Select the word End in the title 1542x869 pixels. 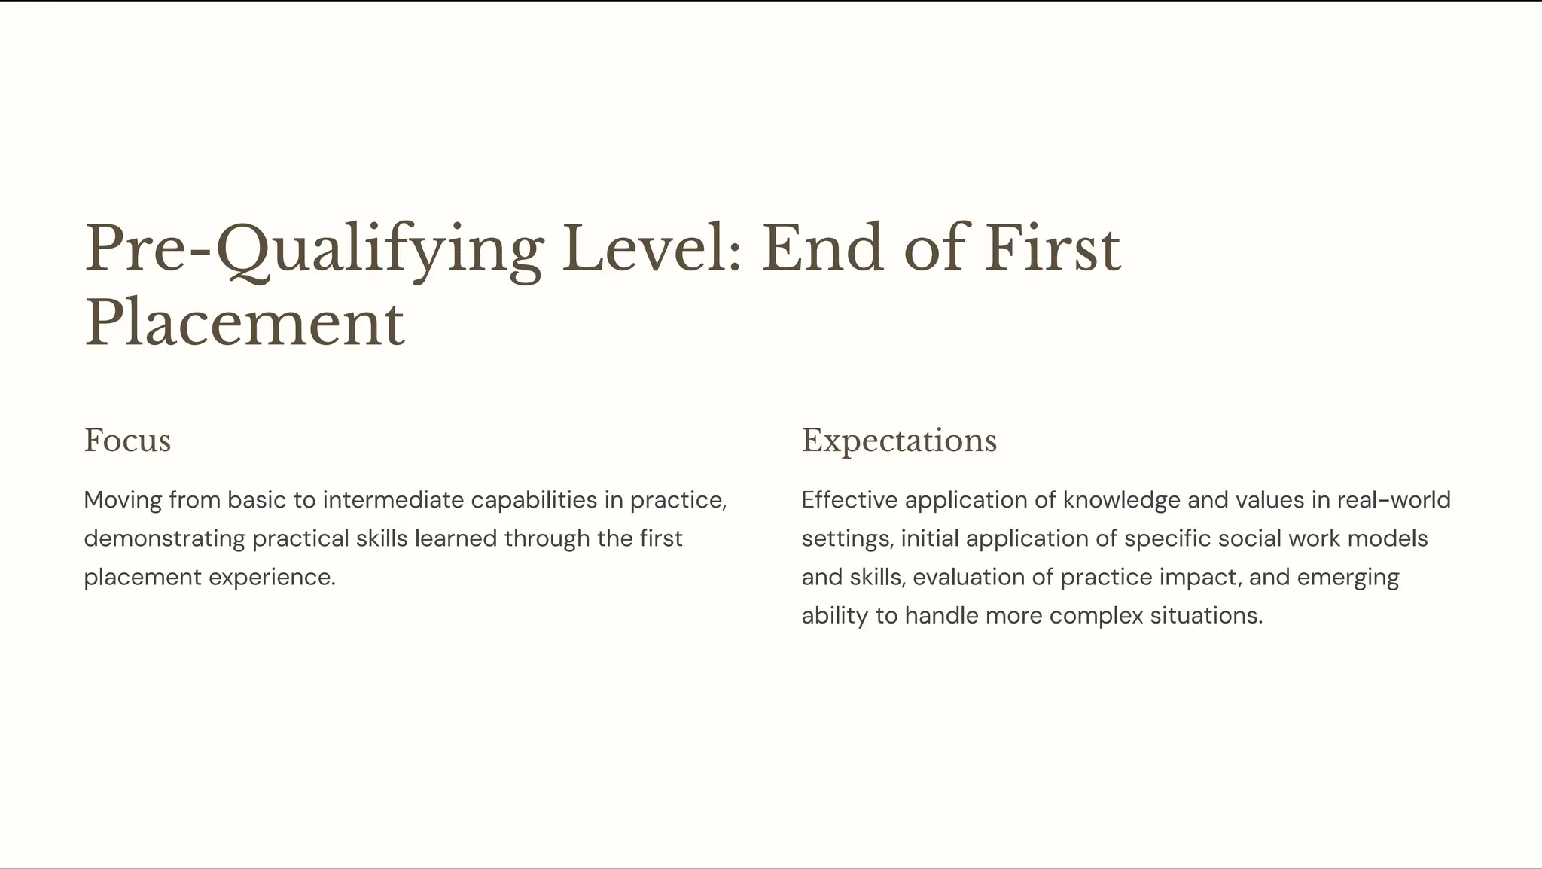822,249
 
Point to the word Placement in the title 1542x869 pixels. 245,324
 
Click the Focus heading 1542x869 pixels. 127,441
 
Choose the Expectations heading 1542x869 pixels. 899,441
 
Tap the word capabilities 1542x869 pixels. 534,500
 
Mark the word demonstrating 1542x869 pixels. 164,538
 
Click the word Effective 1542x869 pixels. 849,500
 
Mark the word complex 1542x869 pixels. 1096,616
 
